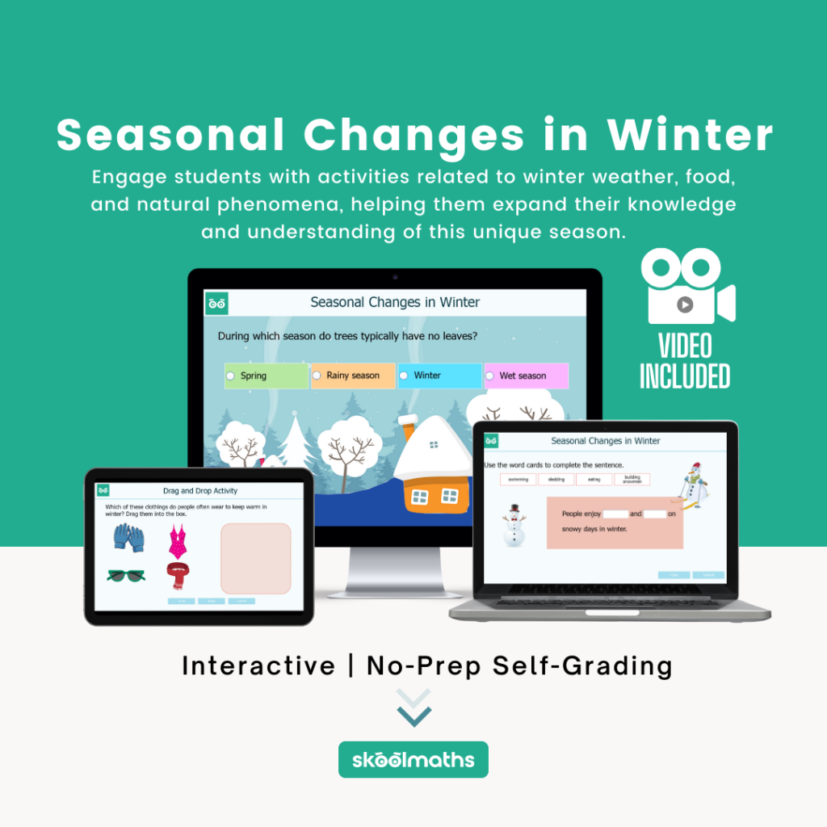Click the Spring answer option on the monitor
click(267, 376)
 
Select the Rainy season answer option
click(353, 376)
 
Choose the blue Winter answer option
click(439, 376)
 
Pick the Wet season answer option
click(526, 376)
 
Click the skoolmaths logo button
click(413, 760)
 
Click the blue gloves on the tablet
click(128, 537)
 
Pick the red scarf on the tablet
click(177, 576)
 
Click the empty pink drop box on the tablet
click(255, 558)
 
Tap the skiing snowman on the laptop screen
click(693, 485)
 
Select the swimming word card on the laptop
click(518, 479)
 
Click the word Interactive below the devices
click(258, 666)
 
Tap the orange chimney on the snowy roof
click(409, 426)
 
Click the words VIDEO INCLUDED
click(685, 361)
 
